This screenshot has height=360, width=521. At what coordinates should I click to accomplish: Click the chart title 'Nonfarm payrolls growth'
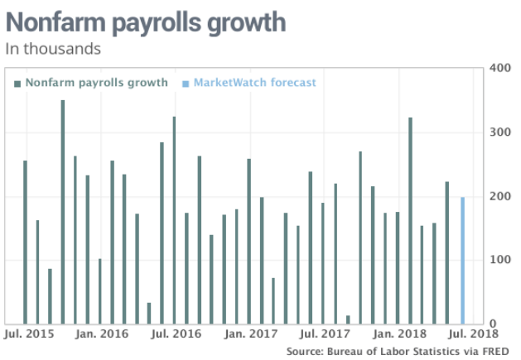146,22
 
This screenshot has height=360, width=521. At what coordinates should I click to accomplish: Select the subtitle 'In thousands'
53,48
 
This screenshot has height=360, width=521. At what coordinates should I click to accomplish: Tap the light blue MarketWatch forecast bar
462,261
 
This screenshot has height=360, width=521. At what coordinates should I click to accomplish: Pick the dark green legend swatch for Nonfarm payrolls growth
17,83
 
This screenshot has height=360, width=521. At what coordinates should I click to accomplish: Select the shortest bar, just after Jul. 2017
348,320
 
